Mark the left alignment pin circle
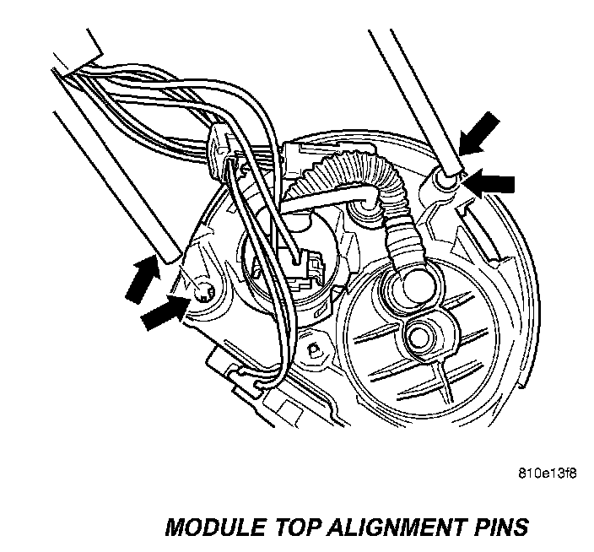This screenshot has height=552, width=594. pos(203,291)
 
